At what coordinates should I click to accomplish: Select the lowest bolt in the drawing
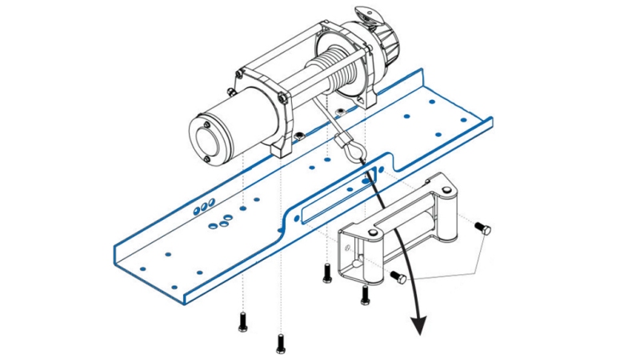[x=280, y=344]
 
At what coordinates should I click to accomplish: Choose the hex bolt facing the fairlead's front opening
[x=398, y=277]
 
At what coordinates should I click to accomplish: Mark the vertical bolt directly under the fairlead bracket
[x=365, y=295]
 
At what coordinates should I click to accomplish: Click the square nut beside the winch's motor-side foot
[x=298, y=137]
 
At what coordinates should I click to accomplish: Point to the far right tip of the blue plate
[x=492, y=122]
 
